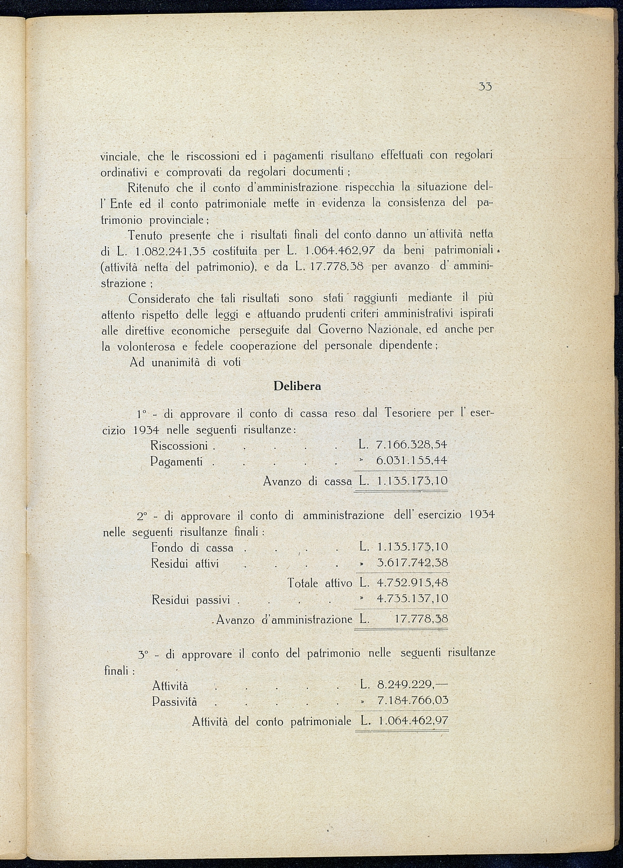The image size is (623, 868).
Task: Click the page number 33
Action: [485, 87]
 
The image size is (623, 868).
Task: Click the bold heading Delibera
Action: [297, 386]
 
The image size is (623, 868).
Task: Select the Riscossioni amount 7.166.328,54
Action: [411, 445]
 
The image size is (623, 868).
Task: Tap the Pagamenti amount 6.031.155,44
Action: [411, 460]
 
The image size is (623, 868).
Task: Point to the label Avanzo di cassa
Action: [307, 482]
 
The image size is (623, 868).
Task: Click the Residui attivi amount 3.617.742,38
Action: [412, 563]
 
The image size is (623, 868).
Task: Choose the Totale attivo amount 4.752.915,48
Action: [412, 583]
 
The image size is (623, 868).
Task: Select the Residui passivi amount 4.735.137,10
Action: [412, 599]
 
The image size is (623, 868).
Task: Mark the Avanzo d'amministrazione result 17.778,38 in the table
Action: [421, 619]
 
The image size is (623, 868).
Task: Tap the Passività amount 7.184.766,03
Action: [413, 701]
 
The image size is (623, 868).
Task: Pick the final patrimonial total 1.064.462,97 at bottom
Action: [414, 721]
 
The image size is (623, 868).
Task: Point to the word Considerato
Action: [159, 299]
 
